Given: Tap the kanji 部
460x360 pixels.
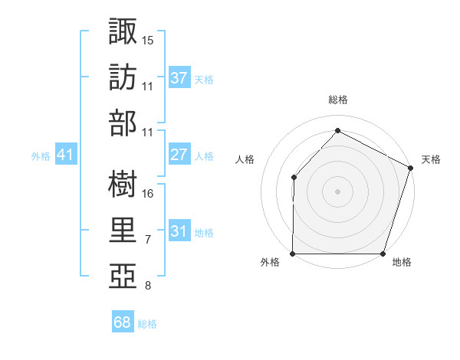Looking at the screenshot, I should pyautogui.click(x=123, y=123).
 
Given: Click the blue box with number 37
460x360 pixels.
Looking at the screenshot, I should pyautogui.click(x=179, y=77).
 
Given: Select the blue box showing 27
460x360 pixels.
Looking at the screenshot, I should pyautogui.click(x=179, y=155).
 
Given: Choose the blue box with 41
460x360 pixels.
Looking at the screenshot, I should pyautogui.click(x=66, y=155).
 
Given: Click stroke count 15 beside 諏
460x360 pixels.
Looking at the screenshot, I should pyautogui.click(x=148, y=38).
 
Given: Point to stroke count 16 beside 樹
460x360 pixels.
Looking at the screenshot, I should pyautogui.click(x=148, y=193).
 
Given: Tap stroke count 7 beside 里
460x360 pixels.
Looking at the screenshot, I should pyautogui.click(x=148, y=241).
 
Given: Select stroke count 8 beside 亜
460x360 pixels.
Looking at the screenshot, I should pyautogui.click(x=148, y=286).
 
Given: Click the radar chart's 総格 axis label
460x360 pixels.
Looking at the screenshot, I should pyautogui.click(x=337, y=100).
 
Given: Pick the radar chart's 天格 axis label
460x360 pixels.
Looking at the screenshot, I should pyautogui.click(x=431, y=159).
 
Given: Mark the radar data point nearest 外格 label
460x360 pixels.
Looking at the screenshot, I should pyautogui.click(x=293, y=254).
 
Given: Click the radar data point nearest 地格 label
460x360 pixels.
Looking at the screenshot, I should pyautogui.click(x=383, y=254).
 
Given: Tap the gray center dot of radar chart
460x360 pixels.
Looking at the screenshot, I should pyautogui.click(x=337, y=191).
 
